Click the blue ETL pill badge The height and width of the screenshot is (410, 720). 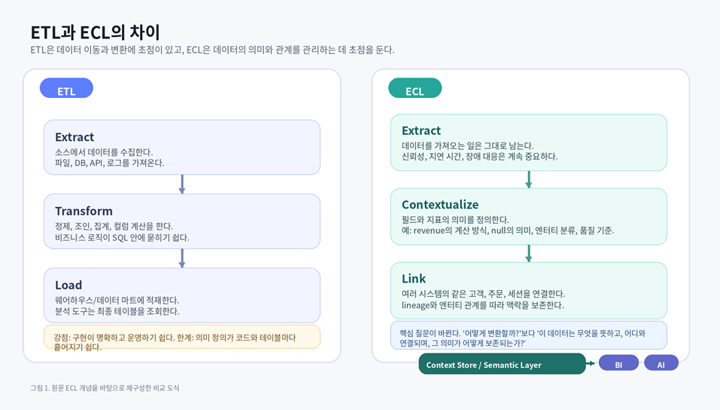(x=66, y=89)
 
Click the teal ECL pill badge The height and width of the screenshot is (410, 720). (x=415, y=89)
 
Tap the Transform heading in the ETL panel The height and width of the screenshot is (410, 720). (x=84, y=211)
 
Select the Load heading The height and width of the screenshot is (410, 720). (x=68, y=285)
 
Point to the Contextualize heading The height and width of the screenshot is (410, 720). (x=440, y=204)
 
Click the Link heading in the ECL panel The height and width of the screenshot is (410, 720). (x=414, y=279)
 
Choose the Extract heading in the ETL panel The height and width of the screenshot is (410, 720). (x=74, y=137)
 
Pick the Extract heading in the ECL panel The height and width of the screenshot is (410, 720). (x=421, y=130)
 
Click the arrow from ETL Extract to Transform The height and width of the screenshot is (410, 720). (x=182, y=184)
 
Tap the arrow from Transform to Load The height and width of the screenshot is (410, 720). (x=182, y=258)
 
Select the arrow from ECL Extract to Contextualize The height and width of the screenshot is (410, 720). (x=529, y=179)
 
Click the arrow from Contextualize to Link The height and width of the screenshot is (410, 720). (x=529, y=252)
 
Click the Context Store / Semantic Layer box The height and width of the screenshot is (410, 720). (x=502, y=365)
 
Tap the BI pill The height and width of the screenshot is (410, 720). (x=618, y=364)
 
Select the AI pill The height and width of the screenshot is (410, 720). (x=661, y=364)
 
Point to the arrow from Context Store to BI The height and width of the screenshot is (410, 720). (x=591, y=364)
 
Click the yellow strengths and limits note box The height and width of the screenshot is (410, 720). (x=182, y=337)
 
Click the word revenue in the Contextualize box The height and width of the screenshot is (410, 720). (x=430, y=230)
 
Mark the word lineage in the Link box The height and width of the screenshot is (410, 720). (x=416, y=305)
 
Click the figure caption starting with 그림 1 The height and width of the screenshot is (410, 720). (x=105, y=388)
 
